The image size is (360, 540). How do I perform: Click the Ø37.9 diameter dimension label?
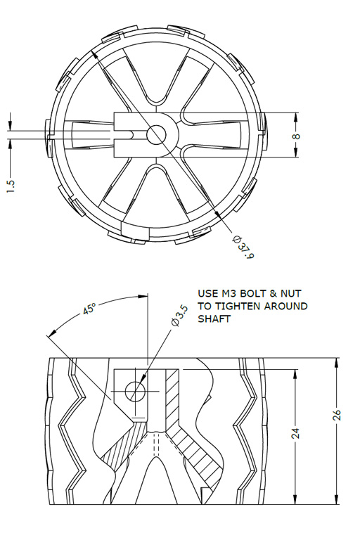tap(243, 247)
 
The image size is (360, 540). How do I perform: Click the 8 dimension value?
tap(296, 136)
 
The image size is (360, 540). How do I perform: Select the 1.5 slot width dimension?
tap(11, 186)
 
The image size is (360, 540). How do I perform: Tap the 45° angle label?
tap(89, 309)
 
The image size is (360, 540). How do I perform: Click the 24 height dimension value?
tap(295, 433)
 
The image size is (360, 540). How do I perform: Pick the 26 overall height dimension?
tap(337, 414)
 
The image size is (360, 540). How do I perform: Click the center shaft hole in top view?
tap(156, 134)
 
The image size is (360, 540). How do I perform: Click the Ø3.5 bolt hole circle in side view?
tap(135, 392)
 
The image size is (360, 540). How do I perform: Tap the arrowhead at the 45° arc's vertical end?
tap(143, 296)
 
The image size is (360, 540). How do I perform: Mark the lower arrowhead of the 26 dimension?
tap(337, 500)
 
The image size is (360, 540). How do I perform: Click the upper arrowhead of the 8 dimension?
tap(296, 117)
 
